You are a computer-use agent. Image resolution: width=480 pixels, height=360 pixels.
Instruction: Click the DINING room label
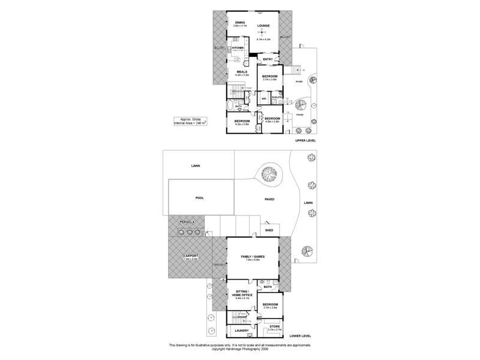240,22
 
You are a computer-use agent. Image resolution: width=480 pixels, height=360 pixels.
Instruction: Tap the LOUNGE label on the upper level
263,26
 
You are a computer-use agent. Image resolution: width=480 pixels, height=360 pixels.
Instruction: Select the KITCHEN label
238,47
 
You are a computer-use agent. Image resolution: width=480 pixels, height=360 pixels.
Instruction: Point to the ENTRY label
268,59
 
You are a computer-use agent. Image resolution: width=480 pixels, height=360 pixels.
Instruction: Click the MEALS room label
242,71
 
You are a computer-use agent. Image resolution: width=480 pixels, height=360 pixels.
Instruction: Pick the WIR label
264,97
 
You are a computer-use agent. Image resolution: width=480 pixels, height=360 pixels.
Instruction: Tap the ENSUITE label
277,97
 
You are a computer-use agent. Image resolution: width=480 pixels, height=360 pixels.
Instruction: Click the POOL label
200,197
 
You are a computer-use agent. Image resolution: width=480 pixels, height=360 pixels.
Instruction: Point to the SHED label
269,230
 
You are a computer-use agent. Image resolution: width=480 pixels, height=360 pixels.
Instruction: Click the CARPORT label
191,256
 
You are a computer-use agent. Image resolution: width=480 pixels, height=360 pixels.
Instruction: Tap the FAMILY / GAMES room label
253,256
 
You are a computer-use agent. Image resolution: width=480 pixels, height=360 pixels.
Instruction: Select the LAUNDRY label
241,331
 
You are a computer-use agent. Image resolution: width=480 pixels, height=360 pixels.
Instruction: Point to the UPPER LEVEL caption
305,140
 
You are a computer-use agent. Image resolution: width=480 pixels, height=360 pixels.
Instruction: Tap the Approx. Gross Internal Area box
190,121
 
